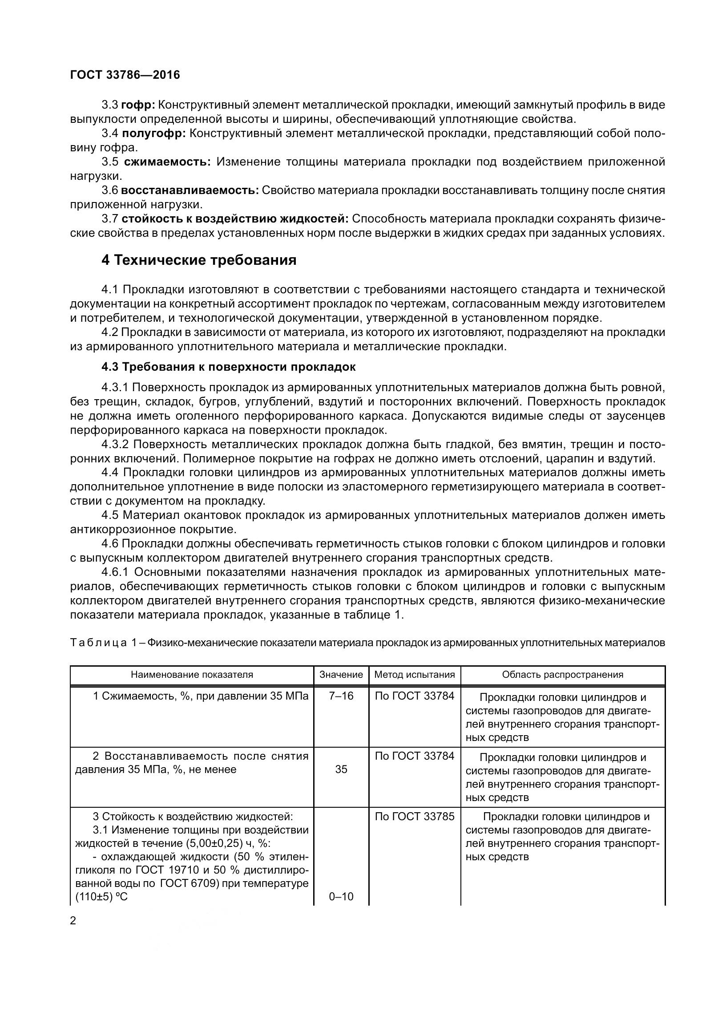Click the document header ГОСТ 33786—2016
click(x=125, y=75)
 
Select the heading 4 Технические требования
click(x=199, y=260)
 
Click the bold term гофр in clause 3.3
click(x=138, y=105)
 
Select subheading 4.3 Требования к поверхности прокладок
click(x=229, y=367)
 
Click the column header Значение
click(x=341, y=675)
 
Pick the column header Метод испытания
click(x=415, y=675)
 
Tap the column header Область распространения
click(x=562, y=675)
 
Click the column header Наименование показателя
click(x=192, y=675)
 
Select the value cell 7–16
click(x=341, y=696)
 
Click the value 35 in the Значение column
click(x=341, y=769)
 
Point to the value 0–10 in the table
click(x=341, y=897)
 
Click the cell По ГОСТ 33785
click(x=415, y=817)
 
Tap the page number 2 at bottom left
click(x=73, y=921)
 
